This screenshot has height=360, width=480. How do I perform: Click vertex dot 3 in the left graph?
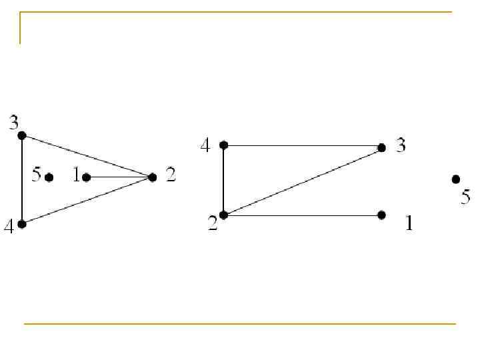coord(21,135)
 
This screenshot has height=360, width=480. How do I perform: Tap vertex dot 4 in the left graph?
coord(22,224)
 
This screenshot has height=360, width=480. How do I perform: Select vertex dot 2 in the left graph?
coord(153,177)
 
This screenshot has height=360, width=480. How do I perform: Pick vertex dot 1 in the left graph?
coord(87,177)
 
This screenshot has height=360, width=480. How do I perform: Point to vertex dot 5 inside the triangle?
coord(49,177)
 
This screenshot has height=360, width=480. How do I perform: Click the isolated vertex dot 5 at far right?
coord(456,179)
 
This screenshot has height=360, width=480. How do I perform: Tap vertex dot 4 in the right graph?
coord(224,145)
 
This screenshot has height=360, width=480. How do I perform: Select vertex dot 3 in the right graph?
coord(381,147)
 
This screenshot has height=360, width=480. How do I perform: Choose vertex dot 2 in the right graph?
coord(224,215)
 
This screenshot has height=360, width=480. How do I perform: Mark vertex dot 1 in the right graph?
coord(381,215)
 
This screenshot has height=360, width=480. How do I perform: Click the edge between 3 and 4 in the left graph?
coord(22,180)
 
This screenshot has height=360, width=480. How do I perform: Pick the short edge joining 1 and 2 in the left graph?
coord(120,177)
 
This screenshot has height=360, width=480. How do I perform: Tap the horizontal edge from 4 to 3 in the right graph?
coord(303,145)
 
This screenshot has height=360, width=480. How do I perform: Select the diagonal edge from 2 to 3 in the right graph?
coord(303,181)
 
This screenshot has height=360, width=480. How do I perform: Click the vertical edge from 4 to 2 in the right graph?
coord(224,180)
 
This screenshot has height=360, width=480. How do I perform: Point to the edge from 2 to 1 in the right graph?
coord(303,215)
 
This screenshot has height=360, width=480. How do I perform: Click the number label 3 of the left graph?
coord(13,122)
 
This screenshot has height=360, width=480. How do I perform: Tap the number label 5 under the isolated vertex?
coord(465,197)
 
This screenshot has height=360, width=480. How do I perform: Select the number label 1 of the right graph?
coord(409,224)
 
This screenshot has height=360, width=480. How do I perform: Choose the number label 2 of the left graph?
coord(171,175)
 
